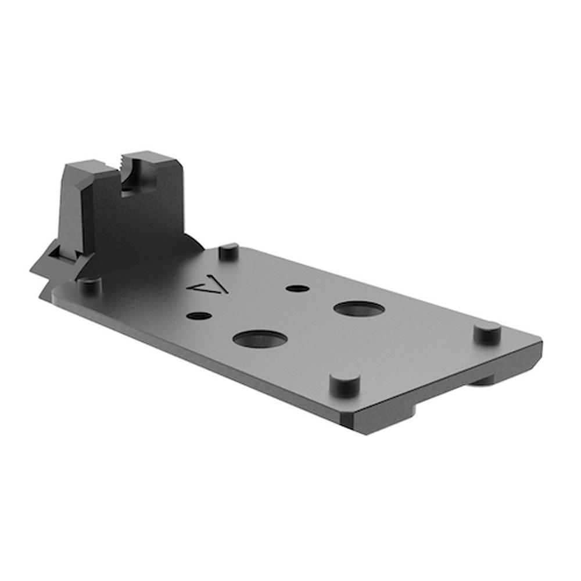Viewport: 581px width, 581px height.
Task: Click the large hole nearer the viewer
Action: click(x=260, y=339)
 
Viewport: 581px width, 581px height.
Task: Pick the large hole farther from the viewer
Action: click(x=359, y=309)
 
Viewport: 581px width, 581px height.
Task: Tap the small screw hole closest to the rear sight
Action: click(x=199, y=315)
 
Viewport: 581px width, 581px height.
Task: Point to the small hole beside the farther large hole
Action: click(x=297, y=288)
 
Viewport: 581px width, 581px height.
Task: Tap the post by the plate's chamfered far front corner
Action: click(x=487, y=332)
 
